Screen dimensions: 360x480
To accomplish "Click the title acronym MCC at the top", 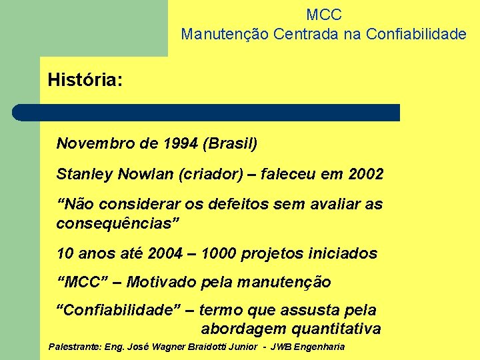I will pos(324,14).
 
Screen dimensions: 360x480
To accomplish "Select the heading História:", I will pos(85,81).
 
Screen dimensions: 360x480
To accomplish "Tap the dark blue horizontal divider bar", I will pos(207,113).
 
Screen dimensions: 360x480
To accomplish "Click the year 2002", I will pos(365,175).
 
